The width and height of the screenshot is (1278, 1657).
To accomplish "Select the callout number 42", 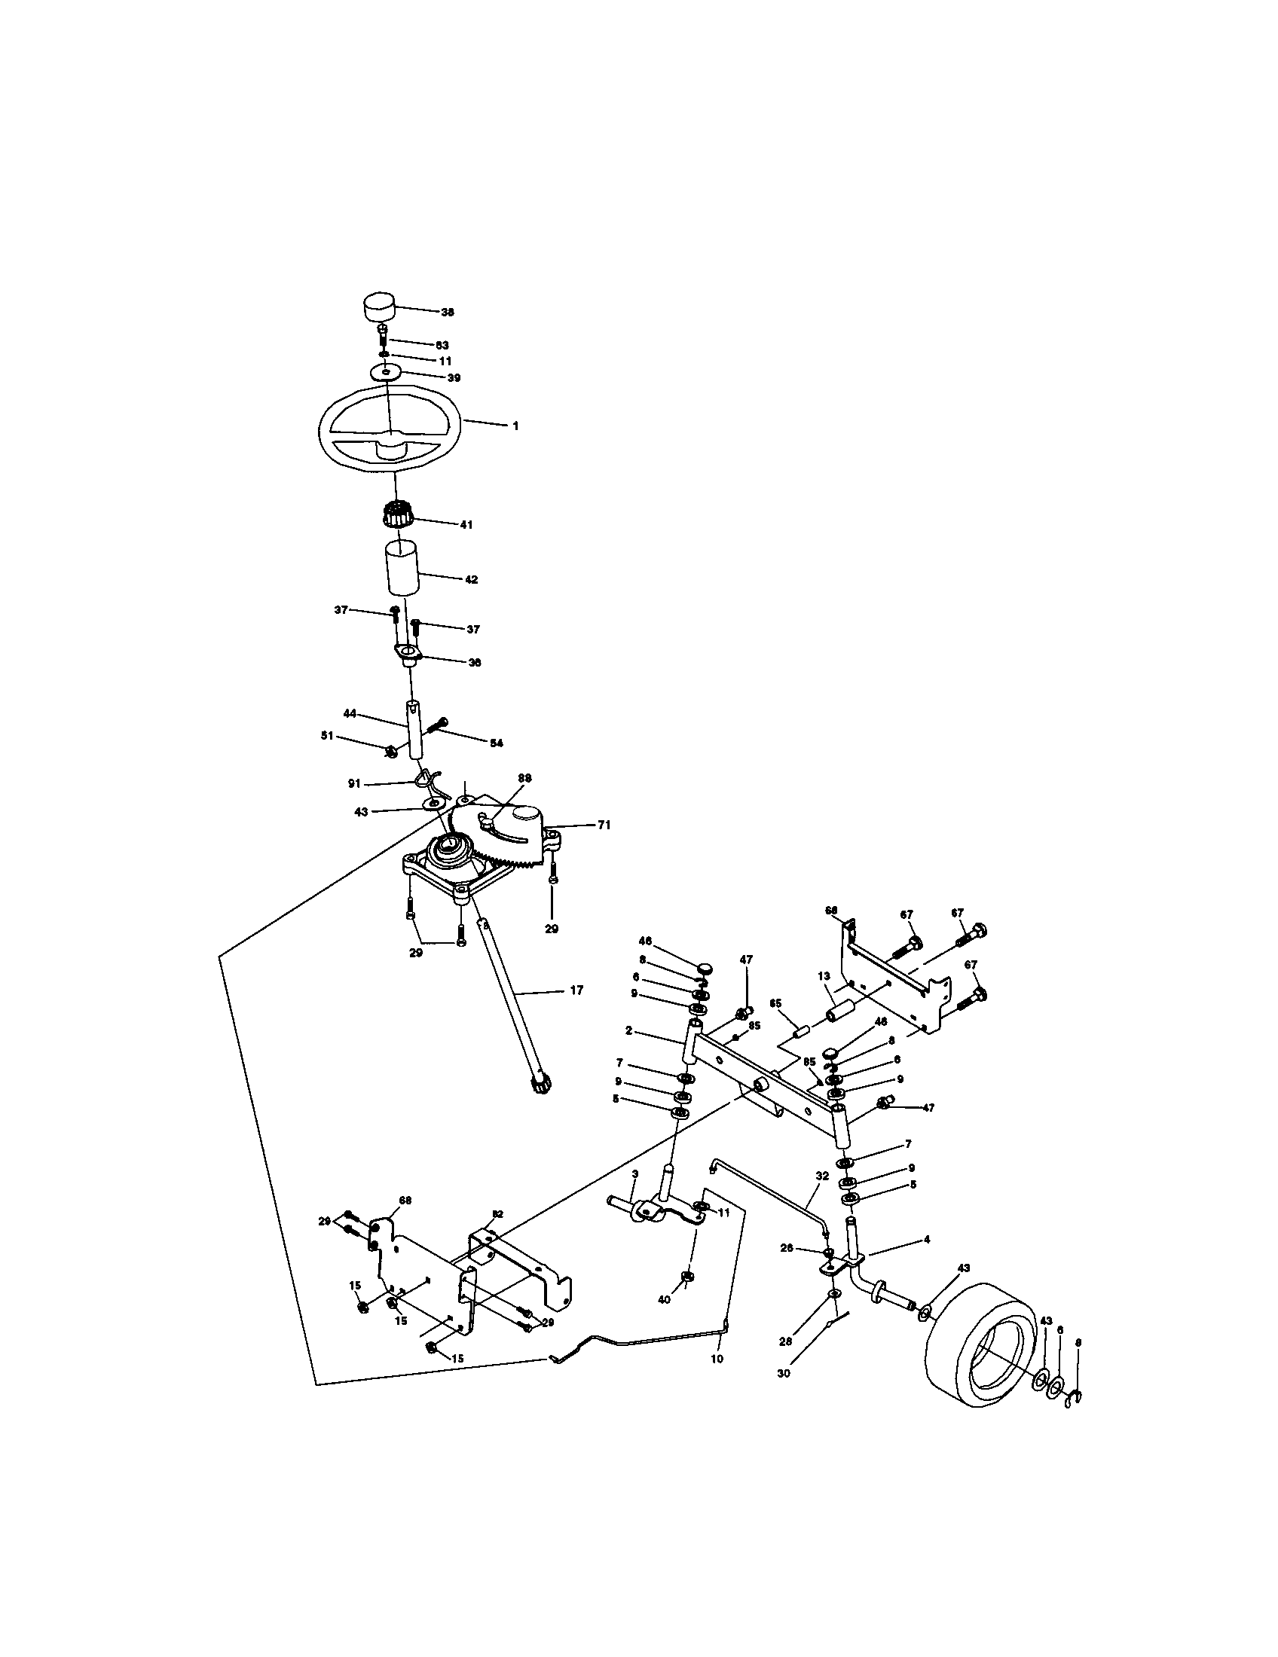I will (x=471, y=580).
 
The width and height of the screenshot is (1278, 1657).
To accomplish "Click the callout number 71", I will (x=604, y=825).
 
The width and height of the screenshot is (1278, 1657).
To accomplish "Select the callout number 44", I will (x=350, y=713).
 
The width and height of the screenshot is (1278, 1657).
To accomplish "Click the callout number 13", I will (x=824, y=976).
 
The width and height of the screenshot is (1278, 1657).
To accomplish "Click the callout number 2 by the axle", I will (x=629, y=1031).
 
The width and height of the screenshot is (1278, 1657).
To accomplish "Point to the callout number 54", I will (x=496, y=743).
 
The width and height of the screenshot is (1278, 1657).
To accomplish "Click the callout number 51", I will (x=327, y=735).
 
